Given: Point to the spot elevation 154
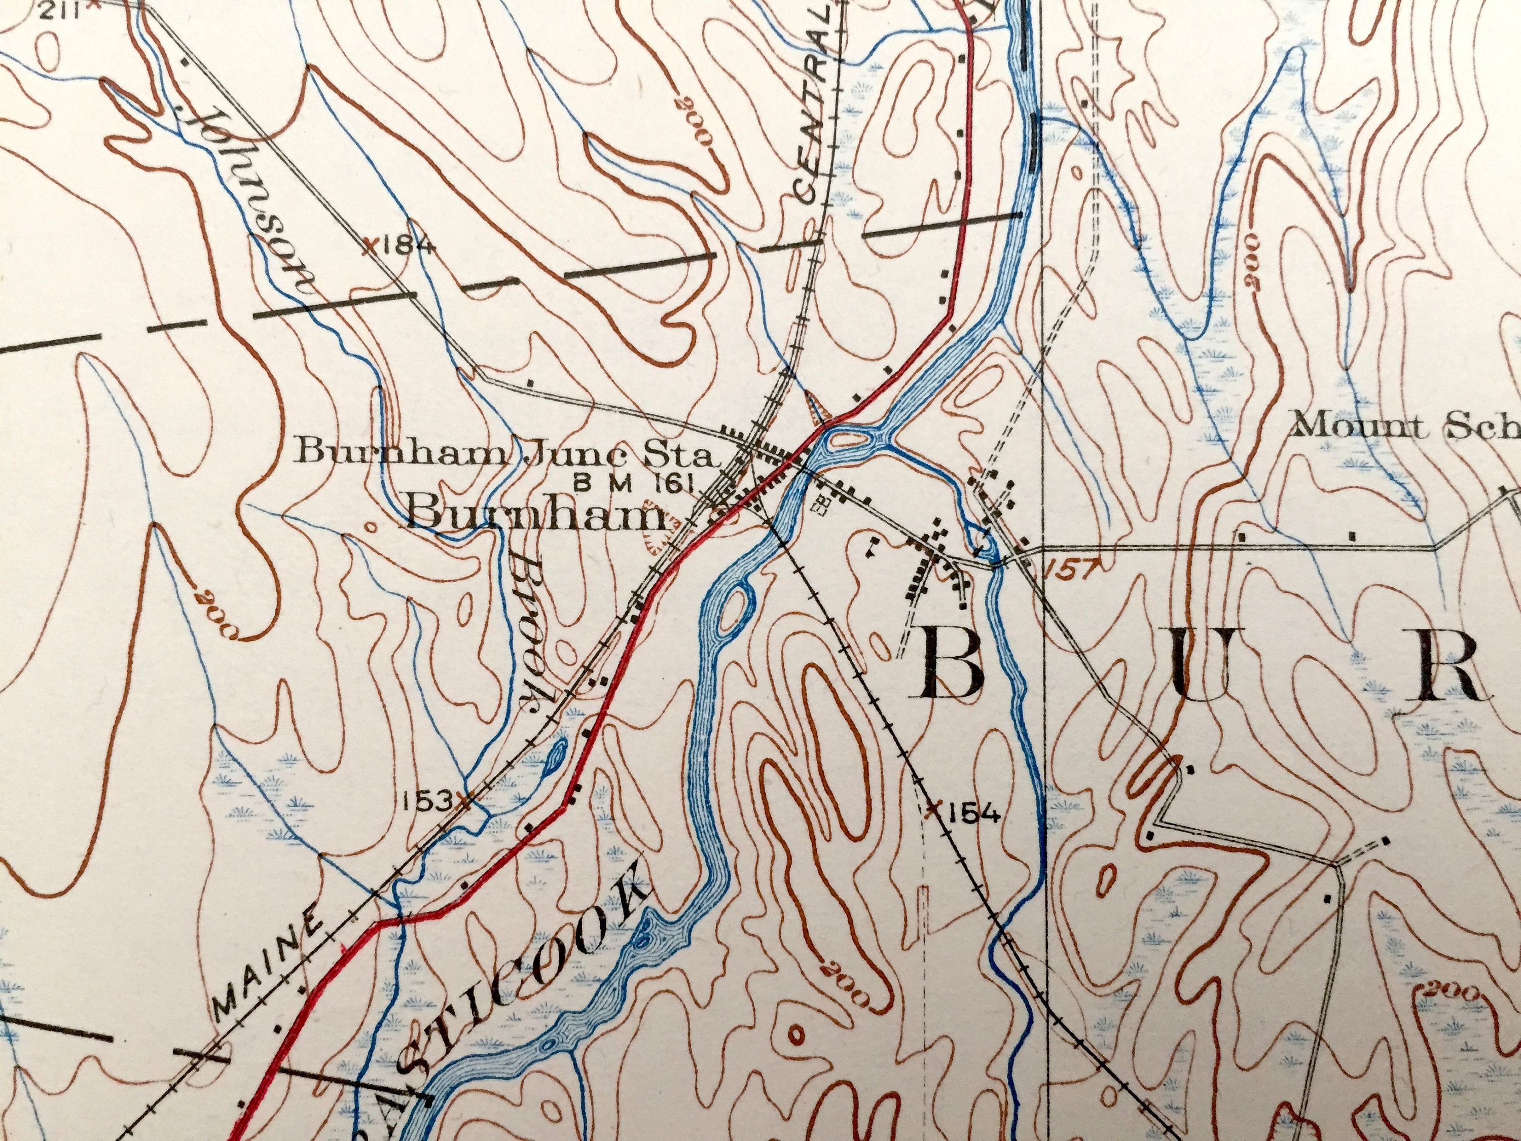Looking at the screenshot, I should (971, 813).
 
